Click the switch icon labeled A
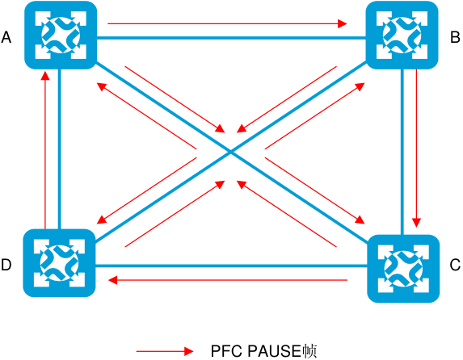coord(61,36)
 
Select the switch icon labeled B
coord(402,36)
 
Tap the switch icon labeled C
coord(403,269)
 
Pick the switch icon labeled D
coord(59,263)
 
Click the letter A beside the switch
coord(6,37)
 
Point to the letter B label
coord(455,37)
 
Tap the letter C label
coord(455,265)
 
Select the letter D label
coord(6,265)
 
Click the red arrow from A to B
coord(227,23)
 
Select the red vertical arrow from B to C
coord(416,149)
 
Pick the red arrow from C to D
coord(228,280)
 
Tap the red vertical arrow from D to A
coord(45,150)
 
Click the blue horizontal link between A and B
coord(231,38)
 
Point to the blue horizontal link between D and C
coord(231,266)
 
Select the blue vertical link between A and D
coord(60,149)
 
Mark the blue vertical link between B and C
coord(402,152)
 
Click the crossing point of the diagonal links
coord(231,153)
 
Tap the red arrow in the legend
coord(165,351)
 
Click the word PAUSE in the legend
coord(274,351)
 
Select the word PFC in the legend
coord(227,351)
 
